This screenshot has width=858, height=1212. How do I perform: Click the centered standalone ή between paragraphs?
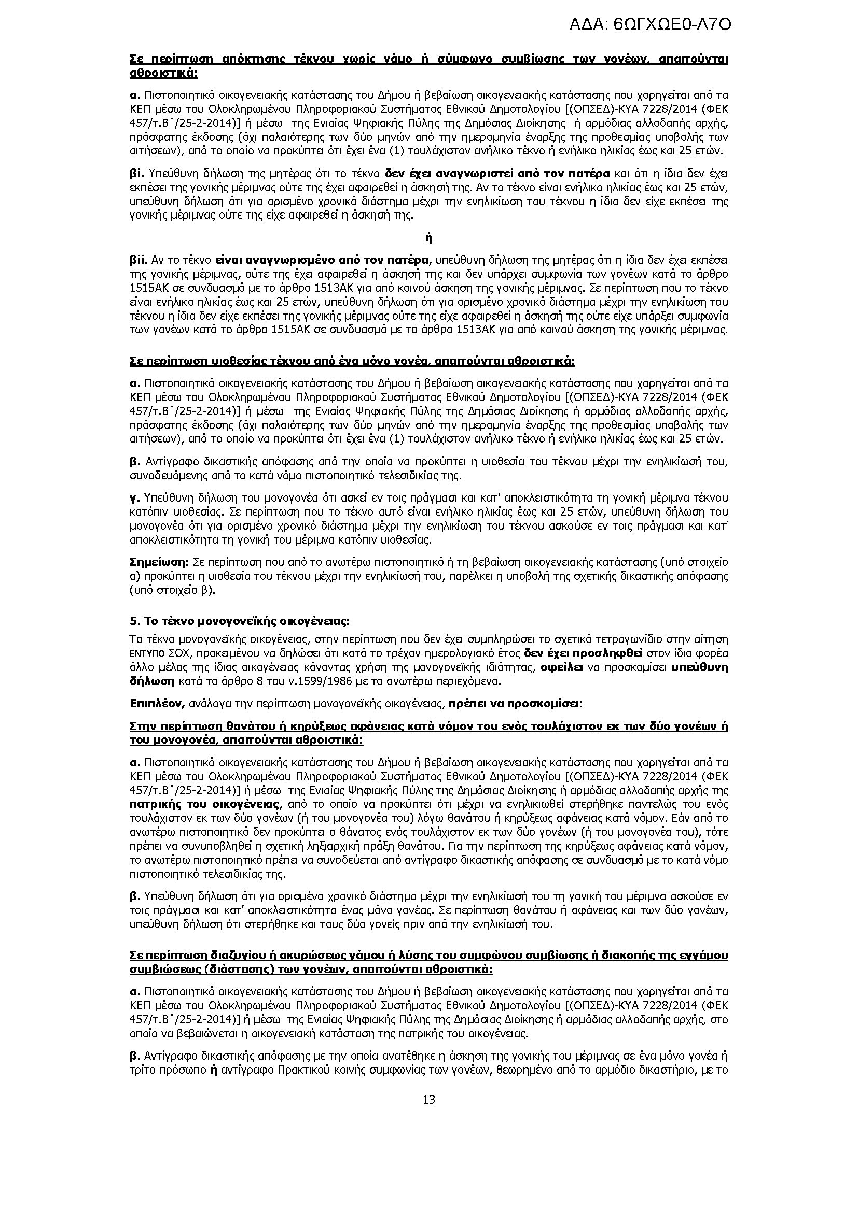pyautogui.click(x=428, y=238)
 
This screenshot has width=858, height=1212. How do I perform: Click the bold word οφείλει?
pyautogui.click(x=561, y=667)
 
